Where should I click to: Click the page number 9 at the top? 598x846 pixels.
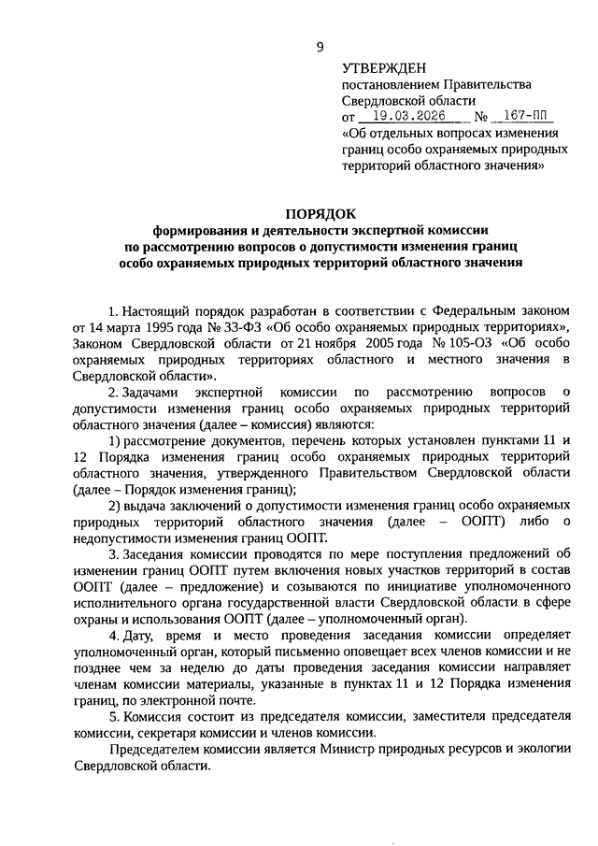(320, 47)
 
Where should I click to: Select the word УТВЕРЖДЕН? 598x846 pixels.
(384, 68)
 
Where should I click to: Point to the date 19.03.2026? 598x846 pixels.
(405, 118)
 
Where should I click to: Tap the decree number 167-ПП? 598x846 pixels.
(522, 118)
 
